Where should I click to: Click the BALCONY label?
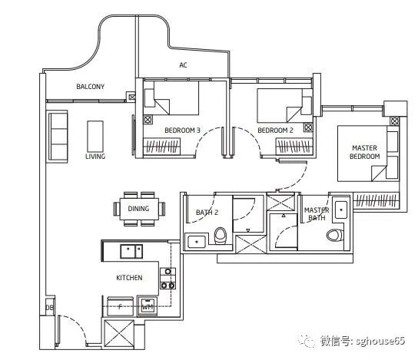91,87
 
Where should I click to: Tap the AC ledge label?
183,65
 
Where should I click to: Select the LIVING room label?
95,157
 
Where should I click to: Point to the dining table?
139,209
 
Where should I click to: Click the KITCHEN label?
129,278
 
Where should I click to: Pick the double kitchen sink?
131,251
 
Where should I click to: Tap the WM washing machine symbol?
148,306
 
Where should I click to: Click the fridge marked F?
120,306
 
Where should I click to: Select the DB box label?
50,308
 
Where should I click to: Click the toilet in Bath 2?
221,236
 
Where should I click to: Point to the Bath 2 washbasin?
197,242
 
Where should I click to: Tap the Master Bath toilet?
335,235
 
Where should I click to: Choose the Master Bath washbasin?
341,210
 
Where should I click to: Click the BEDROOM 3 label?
182,130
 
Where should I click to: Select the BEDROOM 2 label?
275,130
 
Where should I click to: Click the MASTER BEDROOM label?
365,152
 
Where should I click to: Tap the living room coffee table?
95,137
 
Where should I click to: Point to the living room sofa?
58,137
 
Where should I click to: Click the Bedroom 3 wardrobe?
162,146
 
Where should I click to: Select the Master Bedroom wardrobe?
377,200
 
